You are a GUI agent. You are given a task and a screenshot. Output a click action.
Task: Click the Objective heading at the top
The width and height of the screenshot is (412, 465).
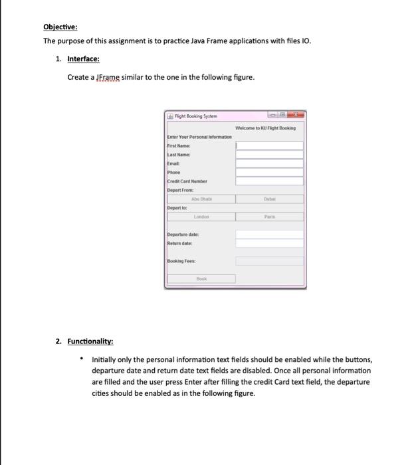point(60,27)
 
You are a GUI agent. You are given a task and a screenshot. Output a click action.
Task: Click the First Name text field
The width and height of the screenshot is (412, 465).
point(269,145)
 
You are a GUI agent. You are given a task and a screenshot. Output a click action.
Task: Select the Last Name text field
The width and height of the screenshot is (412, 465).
point(269,154)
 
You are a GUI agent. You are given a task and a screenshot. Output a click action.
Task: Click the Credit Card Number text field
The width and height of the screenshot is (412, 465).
point(269,180)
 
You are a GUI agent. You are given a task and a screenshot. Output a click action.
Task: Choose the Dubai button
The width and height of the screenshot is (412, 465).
point(269,198)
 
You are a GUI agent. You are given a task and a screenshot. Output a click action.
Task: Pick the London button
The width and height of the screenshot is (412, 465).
point(201,216)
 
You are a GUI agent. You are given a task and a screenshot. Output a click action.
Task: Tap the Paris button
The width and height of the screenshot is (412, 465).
point(269,216)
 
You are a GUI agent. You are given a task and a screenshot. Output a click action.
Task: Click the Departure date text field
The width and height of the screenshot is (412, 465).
point(269,234)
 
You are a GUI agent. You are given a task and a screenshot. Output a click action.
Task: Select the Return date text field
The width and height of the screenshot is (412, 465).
point(269,243)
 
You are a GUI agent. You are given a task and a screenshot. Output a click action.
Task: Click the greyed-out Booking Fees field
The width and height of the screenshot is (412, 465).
point(269,261)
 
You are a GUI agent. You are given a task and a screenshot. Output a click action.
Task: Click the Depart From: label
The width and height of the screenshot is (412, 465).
point(180,189)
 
